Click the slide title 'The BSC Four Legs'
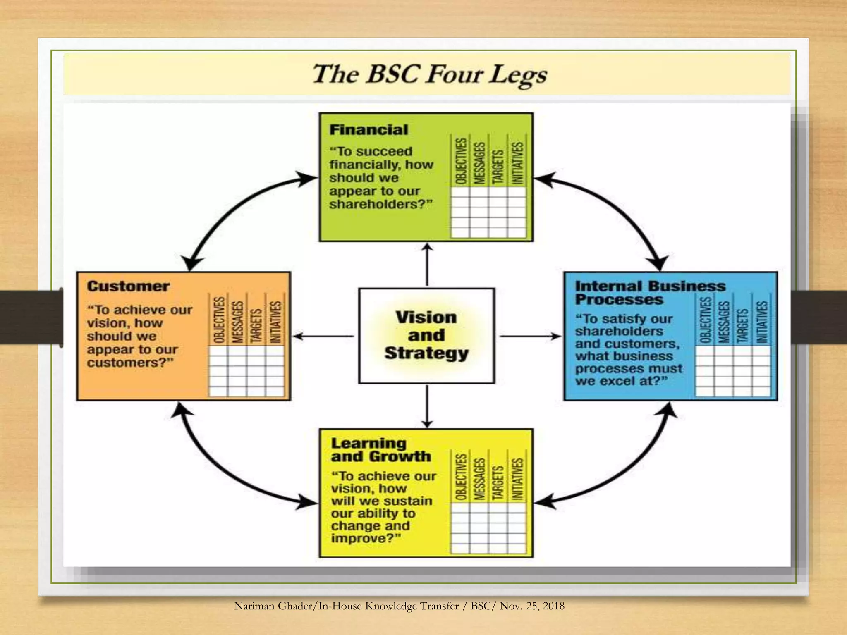[x=429, y=74]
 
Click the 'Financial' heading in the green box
[x=368, y=130]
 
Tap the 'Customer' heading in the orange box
[x=128, y=286]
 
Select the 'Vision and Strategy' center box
[x=426, y=335]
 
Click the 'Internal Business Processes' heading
[x=649, y=292]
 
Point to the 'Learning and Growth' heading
[x=380, y=449]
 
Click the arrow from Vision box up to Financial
[x=427, y=265]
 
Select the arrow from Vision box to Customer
[x=323, y=336]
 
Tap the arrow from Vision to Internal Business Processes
[x=530, y=336]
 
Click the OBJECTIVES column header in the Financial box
[x=461, y=161]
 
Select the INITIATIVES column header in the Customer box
[x=275, y=322]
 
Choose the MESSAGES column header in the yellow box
[x=479, y=478]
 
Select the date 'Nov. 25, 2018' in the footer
[x=532, y=606]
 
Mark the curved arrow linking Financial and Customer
[x=232, y=211]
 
